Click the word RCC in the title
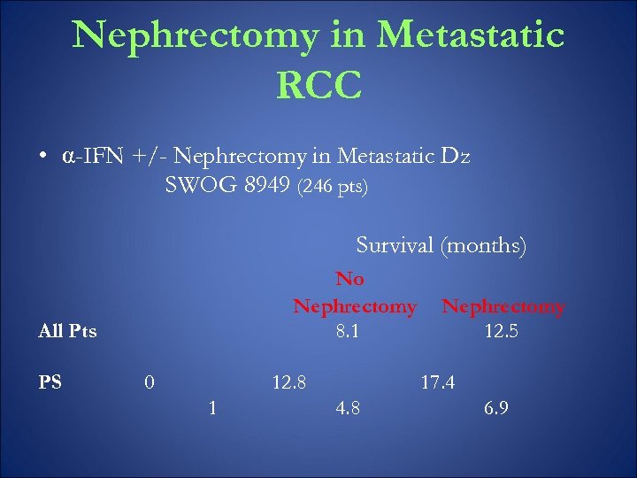point(318,85)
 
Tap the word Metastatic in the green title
point(470,35)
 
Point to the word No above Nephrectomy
point(349,279)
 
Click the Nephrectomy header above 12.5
point(503,306)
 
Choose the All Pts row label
point(68,332)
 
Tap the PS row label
point(50,382)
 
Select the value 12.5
point(501,332)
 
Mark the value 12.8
point(289,382)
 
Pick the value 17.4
point(437,382)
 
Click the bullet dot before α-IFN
point(42,158)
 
